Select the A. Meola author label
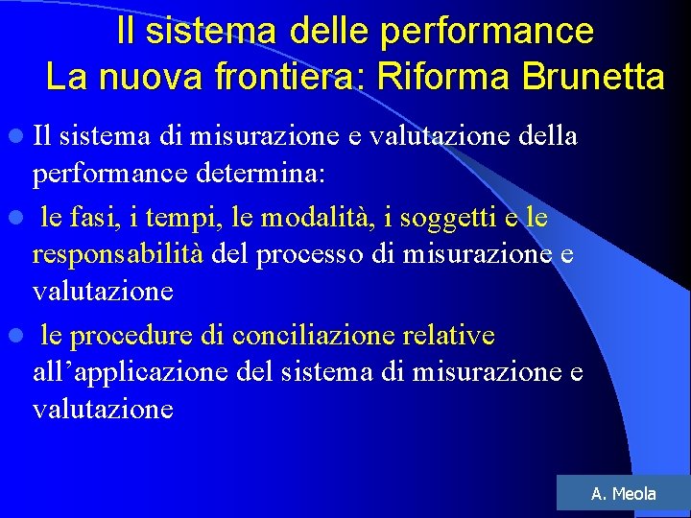(624, 494)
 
